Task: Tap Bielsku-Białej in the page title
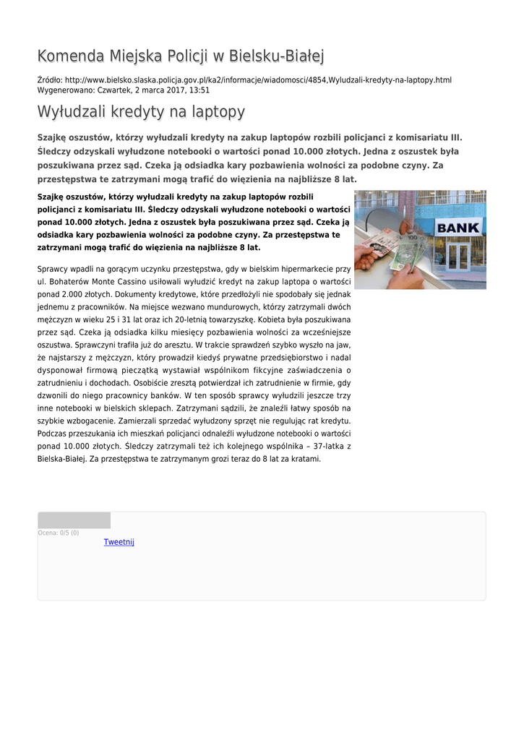click(x=276, y=56)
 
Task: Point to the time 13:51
click(x=199, y=90)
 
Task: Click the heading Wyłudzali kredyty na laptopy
click(x=141, y=112)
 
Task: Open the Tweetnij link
click(x=119, y=542)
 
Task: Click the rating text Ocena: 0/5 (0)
click(x=59, y=533)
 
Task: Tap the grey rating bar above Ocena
click(x=74, y=520)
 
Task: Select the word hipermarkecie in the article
click(x=302, y=268)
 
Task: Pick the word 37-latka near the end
click(x=324, y=446)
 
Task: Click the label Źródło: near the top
click(x=50, y=79)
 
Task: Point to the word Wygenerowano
click(x=61, y=90)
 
